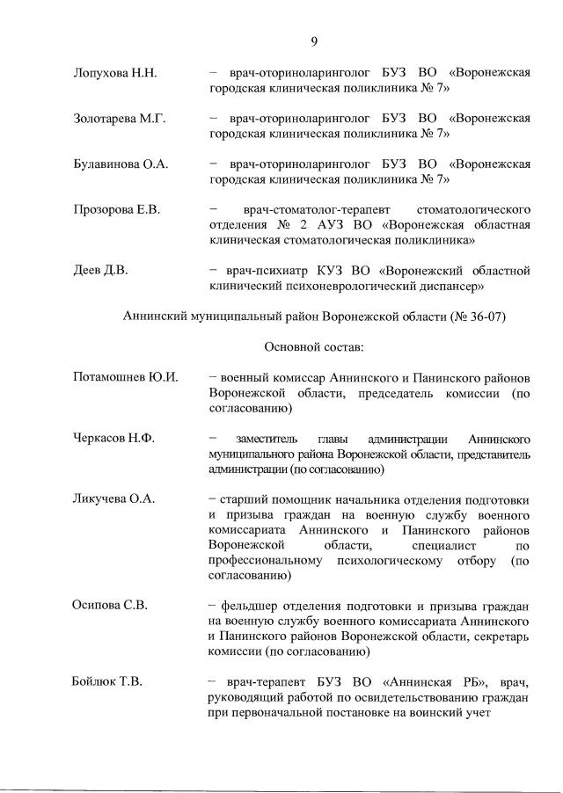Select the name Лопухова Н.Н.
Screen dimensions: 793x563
pos(114,72)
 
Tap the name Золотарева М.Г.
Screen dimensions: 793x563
pos(120,118)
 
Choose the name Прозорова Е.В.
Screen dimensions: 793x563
pos(116,209)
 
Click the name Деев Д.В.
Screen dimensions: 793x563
pos(100,270)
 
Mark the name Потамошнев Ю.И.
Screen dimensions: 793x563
pos(125,377)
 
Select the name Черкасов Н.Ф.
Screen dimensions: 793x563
pos(113,438)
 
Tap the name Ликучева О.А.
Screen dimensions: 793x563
pos(113,498)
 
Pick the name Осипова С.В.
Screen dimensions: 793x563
pos(110,605)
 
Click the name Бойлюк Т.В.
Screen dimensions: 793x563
pos(107,681)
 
